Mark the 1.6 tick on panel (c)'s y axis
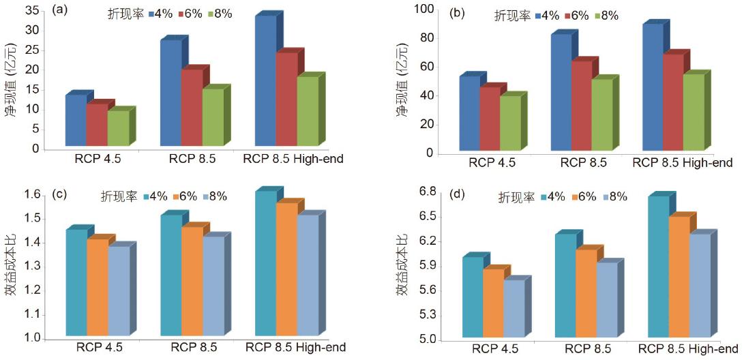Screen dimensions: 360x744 pyautogui.click(x=31, y=195)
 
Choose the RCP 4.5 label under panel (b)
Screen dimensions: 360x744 pyautogui.click(x=492, y=163)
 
